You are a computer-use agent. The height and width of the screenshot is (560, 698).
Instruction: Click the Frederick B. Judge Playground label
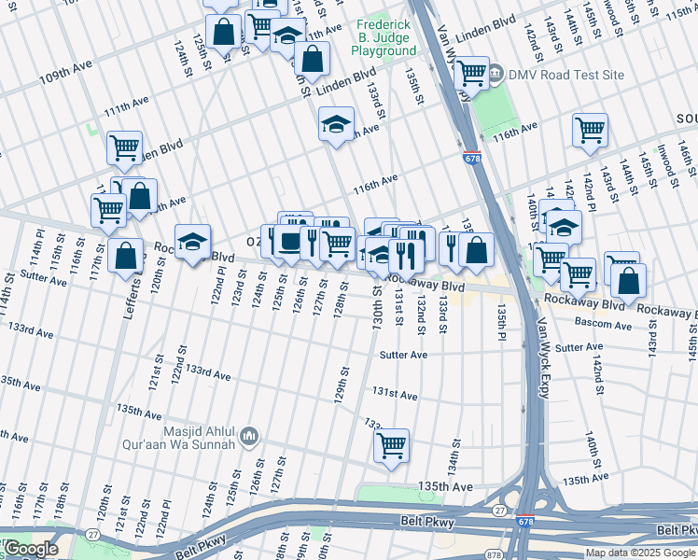(x=384, y=36)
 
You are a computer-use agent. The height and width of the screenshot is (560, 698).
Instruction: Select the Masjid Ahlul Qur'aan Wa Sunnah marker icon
(x=248, y=437)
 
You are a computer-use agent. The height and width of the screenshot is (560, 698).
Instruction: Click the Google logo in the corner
(x=31, y=549)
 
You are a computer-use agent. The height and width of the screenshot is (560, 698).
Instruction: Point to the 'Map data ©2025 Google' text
(x=640, y=553)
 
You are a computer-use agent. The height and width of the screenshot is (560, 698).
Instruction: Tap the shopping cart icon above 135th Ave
(x=392, y=444)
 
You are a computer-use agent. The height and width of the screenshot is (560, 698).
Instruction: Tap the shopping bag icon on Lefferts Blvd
(x=125, y=256)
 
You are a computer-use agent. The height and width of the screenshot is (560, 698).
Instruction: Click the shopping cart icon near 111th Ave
(x=124, y=147)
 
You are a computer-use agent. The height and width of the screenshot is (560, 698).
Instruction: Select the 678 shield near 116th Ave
(x=472, y=159)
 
